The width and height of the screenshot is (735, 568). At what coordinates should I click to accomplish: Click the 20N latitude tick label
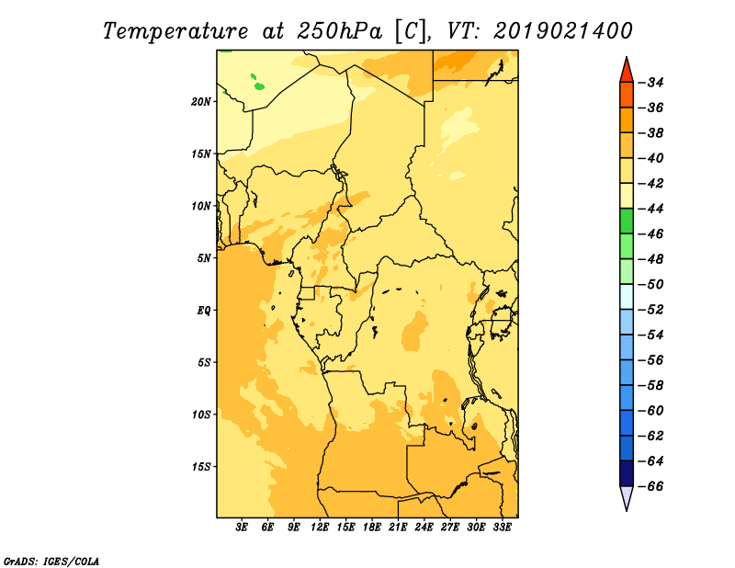201,102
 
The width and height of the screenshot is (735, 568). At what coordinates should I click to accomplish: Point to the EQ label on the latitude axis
204,311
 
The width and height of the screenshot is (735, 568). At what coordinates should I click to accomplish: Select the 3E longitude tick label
242,528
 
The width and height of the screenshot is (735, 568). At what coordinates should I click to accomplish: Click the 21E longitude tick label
398,528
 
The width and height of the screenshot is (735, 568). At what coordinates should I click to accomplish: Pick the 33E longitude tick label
502,528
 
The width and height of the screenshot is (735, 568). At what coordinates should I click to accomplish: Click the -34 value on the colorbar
650,83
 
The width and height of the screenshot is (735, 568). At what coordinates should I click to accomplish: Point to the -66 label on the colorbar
650,486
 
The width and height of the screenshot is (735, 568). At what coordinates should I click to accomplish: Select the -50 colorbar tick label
650,285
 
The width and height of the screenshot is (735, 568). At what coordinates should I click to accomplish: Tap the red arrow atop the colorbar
627,71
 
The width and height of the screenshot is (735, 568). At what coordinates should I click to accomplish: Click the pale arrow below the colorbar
627,497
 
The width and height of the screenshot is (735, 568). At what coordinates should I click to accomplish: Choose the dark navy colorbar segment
627,473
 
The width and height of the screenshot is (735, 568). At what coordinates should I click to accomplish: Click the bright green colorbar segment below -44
627,221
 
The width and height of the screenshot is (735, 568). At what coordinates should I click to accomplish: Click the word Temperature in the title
175,31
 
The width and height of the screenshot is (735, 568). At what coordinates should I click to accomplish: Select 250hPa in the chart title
339,31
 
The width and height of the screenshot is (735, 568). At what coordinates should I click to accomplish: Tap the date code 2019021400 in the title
563,31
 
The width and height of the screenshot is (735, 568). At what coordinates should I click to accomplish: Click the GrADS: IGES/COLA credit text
51,562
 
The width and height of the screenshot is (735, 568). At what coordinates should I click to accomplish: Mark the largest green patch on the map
259,86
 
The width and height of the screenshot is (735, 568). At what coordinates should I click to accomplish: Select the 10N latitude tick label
201,206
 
